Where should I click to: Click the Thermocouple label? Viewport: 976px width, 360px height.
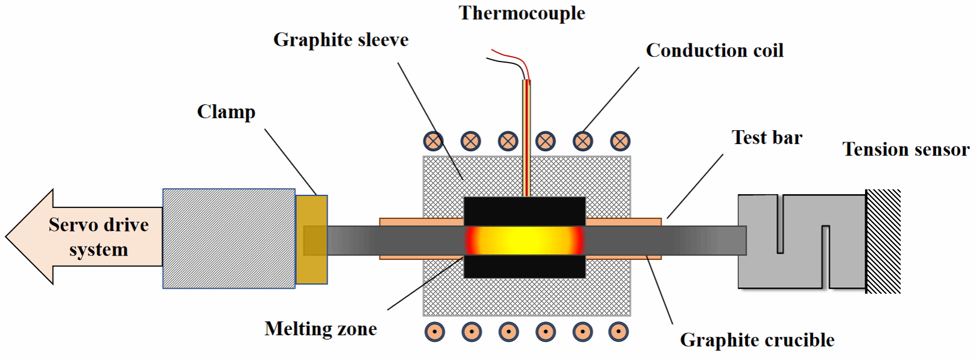pyautogui.click(x=522, y=13)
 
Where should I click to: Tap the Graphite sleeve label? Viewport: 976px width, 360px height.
pyautogui.click(x=341, y=40)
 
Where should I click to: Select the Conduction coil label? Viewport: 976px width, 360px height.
pyautogui.click(x=714, y=51)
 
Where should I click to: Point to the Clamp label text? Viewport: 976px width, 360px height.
pyautogui.click(x=226, y=112)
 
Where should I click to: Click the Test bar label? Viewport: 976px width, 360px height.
pyautogui.click(x=767, y=137)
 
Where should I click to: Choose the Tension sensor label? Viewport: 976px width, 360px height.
pyautogui.click(x=905, y=149)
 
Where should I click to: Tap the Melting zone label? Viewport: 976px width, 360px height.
pyautogui.click(x=320, y=329)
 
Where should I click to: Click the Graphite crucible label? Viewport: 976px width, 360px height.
pyautogui.click(x=757, y=340)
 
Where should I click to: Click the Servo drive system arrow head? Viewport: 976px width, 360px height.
pyautogui.click(x=30, y=236)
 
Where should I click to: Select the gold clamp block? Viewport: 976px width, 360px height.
pyautogui.click(x=312, y=239)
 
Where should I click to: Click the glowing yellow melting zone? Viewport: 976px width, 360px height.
pyautogui.click(x=524, y=240)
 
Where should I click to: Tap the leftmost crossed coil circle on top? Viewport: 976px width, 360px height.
pyautogui.click(x=433, y=141)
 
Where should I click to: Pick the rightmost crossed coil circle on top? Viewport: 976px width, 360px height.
pyautogui.click(x=620, y=141)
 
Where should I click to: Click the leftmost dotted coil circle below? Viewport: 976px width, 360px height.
pyautogui.click(x=434, y=332)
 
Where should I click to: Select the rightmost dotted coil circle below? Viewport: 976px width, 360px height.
pyautogui.click(x=618, y=332)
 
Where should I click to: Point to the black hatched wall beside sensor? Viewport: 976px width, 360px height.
pyautogui.click(x=883, y=241)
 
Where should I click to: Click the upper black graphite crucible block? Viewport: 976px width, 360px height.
pyautogui.click(x=524, y=210)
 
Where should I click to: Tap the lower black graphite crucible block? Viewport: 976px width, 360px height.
pyautogui.click(x=524, y=266)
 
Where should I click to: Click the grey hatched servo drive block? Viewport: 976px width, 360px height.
pyautogui.click(x=229, y=239)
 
